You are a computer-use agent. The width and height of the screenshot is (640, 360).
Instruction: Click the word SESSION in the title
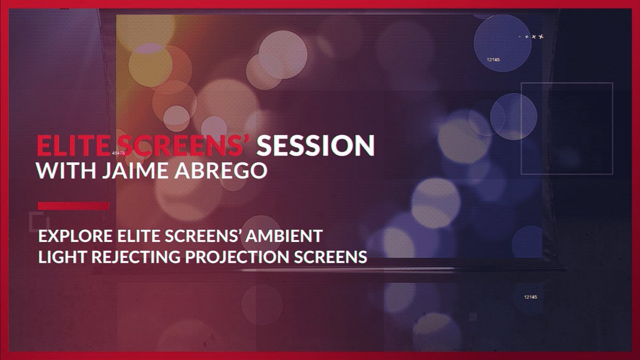point(316,146)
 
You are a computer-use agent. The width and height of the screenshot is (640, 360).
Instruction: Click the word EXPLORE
point(74,235)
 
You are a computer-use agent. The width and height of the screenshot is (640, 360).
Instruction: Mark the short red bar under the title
point(73,206)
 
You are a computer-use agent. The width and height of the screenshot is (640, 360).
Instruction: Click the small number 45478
point(118,153)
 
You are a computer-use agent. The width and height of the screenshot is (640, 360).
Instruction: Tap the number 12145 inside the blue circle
point(493,60)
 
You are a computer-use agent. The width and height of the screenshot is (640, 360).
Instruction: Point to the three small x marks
point(533,37)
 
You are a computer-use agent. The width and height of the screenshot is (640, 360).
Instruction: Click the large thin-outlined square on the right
point(566,129)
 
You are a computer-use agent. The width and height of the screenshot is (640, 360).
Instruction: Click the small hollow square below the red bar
point(38,220)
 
